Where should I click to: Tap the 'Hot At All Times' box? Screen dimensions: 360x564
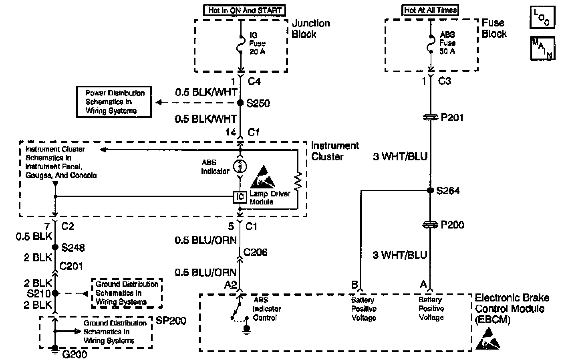coord(430,10)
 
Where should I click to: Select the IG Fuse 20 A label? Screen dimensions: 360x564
coord(257,43)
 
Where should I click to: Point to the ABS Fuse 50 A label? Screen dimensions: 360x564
coord(447,43)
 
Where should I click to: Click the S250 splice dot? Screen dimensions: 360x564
coord(240,103)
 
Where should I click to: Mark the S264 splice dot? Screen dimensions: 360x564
coord(430,190)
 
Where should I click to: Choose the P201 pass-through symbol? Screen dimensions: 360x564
coord(430,117)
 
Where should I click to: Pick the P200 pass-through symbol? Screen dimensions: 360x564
coord(430,225)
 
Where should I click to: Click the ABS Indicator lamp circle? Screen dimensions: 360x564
coord(240,166)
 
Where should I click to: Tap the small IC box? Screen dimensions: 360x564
coord(240,196)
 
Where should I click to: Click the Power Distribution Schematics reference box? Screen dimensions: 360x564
coord(114,102)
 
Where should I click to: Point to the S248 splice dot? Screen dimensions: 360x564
coord(55,247)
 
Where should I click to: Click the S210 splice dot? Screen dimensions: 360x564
coord(55,293)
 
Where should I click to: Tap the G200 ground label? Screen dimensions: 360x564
coord(75,354)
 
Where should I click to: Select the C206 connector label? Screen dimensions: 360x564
coord(255,252)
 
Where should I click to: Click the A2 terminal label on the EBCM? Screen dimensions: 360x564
coord(230,285)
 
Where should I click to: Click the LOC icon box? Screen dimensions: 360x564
coord(542,17)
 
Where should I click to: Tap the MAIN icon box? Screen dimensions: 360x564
coord(542,48)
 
